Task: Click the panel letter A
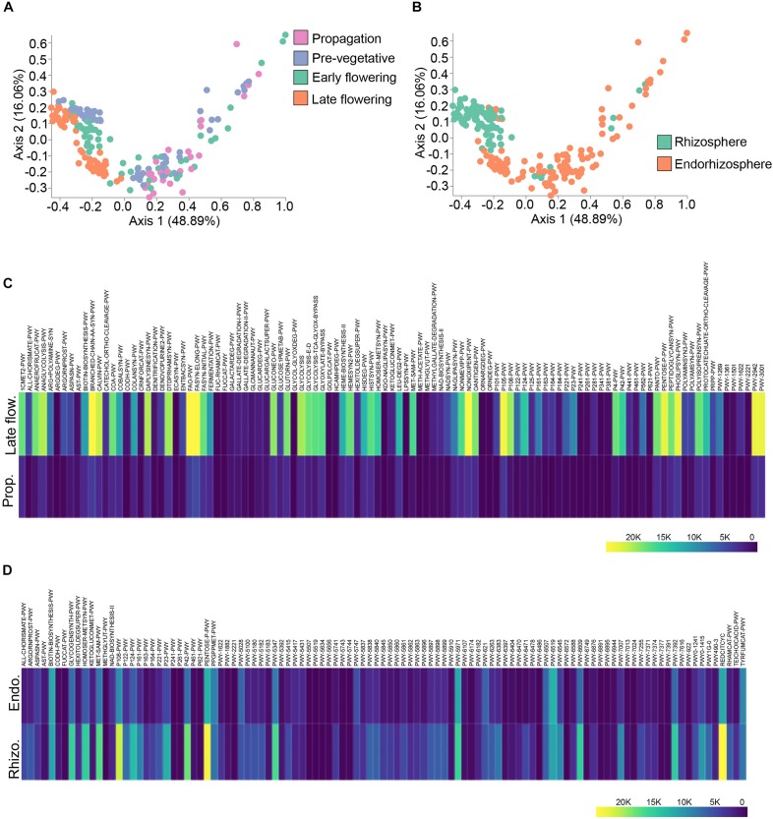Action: pos(8,10)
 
